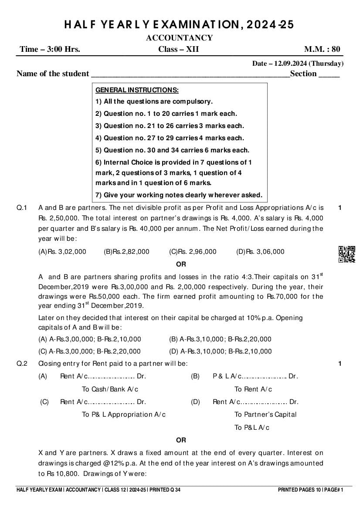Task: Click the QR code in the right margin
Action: [347, 254]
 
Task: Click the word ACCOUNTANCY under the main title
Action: [180, 38]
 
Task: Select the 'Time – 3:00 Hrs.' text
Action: [50, 49]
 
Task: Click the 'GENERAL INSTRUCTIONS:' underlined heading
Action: [137, 90]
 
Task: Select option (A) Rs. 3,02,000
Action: [62, 252]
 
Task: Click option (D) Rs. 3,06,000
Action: [260, 252]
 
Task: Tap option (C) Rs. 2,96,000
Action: [193, 252]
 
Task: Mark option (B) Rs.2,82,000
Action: [126, 252]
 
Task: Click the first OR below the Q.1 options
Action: [181, 264]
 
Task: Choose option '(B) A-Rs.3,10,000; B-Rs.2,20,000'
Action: [220, 339]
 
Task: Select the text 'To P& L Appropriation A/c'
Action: [124, 415]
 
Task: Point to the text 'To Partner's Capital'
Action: [265, 415]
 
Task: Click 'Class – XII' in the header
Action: [179, 49]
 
